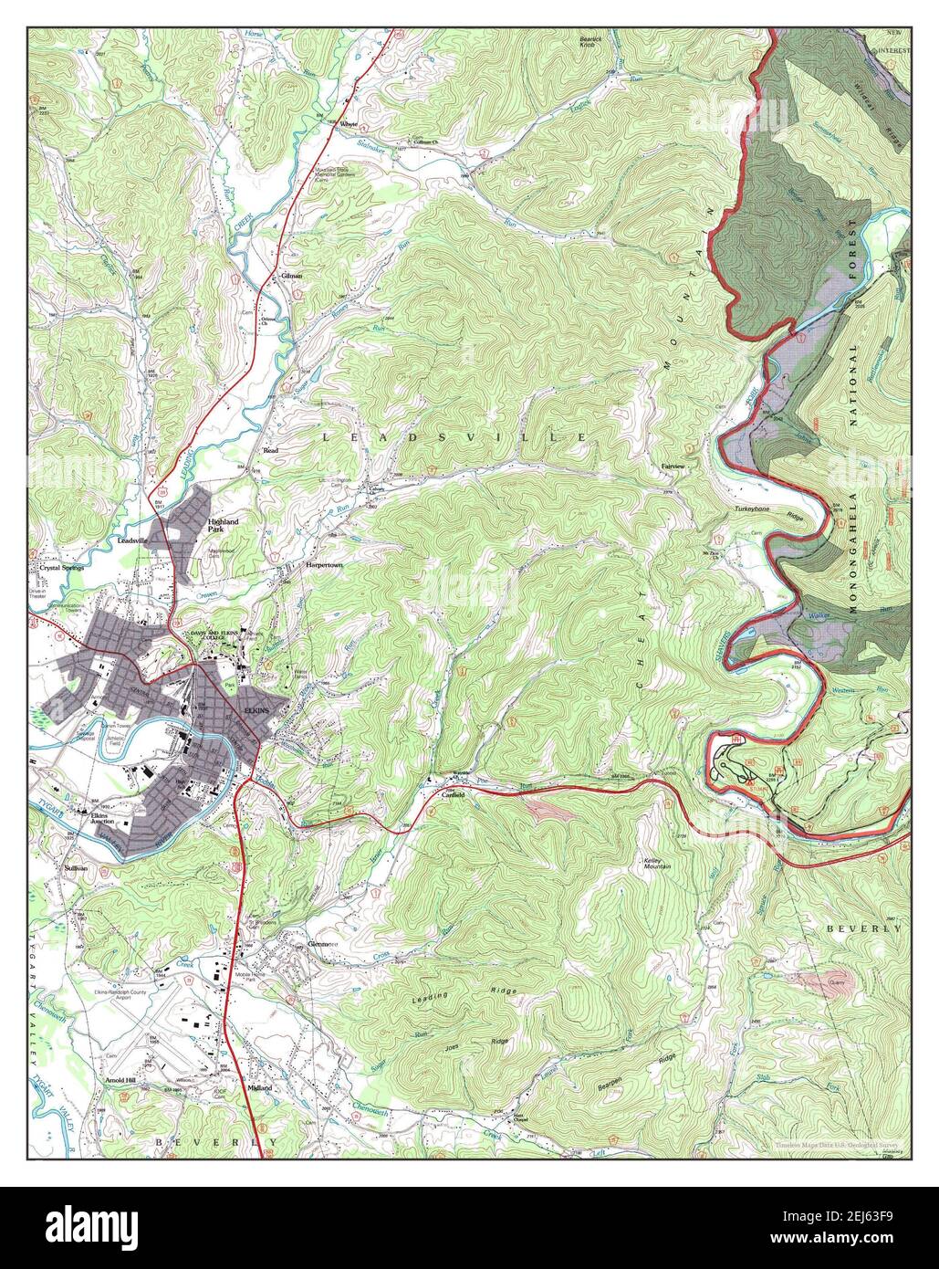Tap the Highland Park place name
[x=222, y=525]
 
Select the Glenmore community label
[x=323, y=943]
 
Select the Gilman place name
[x=292, y=275]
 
